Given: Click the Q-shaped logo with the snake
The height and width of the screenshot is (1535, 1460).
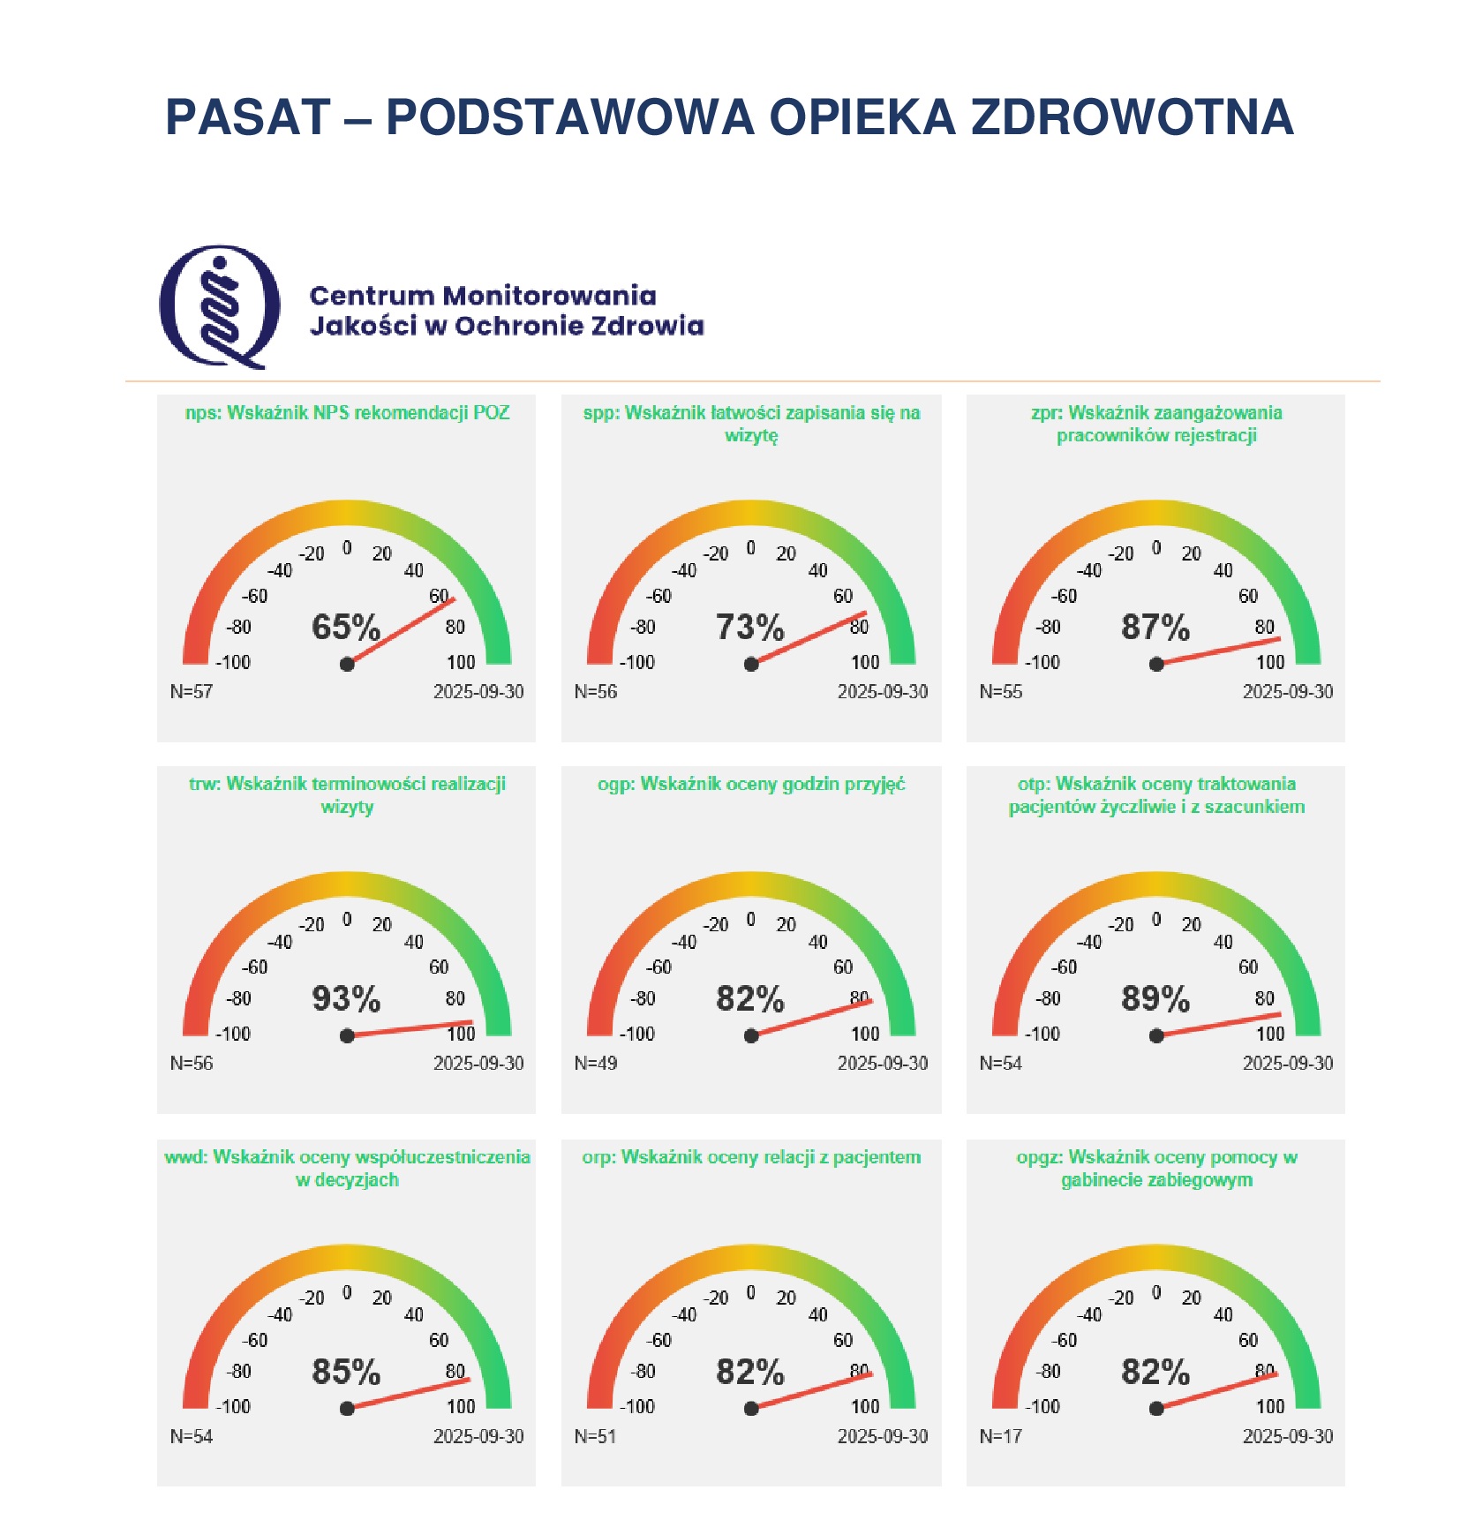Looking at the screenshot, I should (220, 306).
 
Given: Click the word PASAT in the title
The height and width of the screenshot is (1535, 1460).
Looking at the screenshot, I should (248, 117).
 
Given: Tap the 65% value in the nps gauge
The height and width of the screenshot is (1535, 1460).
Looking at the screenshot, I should (346, 628).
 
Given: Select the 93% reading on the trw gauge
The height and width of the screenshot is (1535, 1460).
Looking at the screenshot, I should (346, 999).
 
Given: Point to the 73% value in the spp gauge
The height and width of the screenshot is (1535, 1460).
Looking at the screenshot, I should (749, 628).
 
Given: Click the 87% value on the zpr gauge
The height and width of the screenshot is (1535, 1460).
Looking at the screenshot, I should (1155, 628).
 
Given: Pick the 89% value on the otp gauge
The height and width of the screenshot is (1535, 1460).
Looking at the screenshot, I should (1155, 999).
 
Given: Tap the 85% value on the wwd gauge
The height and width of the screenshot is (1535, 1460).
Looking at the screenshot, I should (346, 1372).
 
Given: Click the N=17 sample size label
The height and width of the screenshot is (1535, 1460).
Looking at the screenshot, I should (1000, 1436).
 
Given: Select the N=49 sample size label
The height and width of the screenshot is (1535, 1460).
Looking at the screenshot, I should (596, 1064).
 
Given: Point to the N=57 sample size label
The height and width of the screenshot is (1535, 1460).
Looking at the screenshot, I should (192, 691).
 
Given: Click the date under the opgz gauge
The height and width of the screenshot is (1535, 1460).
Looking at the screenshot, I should (1288, 1436).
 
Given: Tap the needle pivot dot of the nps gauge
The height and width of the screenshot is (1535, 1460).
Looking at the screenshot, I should (347, 664).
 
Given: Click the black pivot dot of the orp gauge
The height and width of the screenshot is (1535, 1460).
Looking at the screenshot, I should (751, 1408).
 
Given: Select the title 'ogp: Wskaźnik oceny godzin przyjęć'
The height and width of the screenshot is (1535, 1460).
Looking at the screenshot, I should (751, 784).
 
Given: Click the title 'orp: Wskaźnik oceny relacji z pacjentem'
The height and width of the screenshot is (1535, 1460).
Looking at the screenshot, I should (751, 1157).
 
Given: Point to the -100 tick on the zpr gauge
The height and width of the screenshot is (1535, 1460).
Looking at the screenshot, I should (1042, 662).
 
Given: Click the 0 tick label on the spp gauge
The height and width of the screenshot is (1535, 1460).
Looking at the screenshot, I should (750, 548).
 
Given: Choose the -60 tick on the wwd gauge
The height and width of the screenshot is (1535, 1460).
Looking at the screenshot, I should (255, 1340).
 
